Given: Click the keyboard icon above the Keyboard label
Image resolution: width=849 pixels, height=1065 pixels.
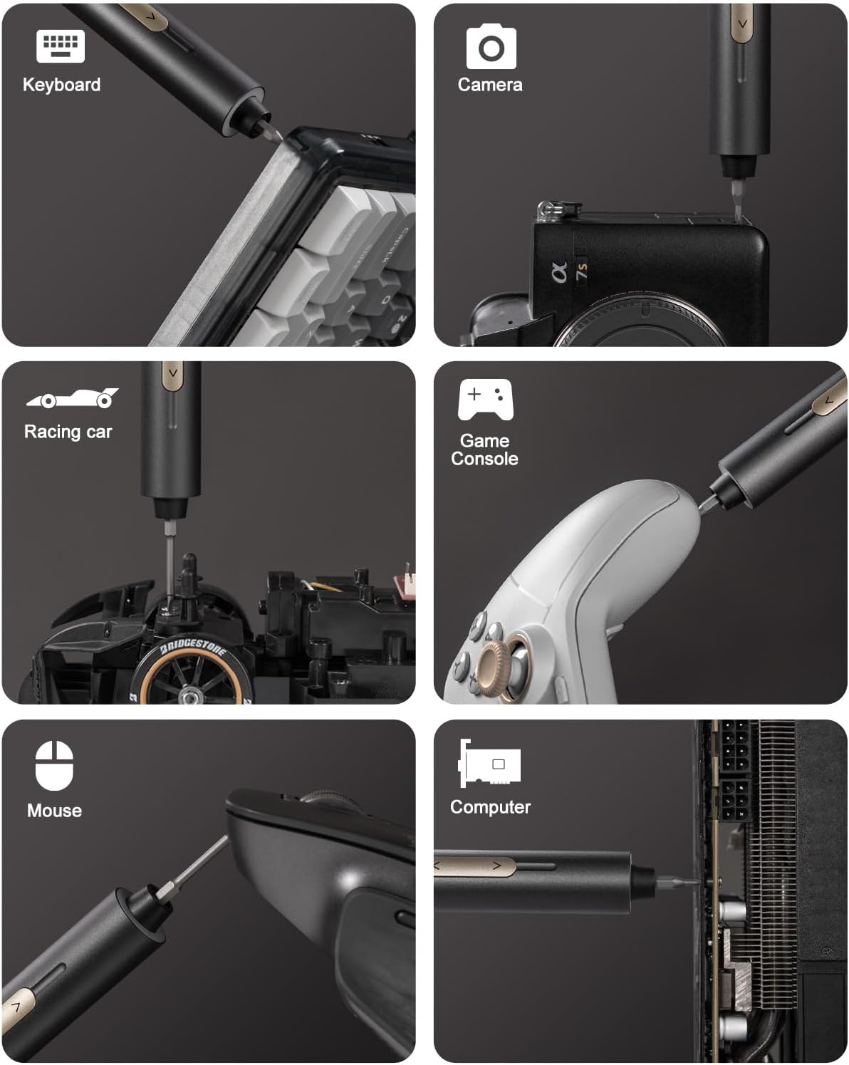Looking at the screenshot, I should point(61,46).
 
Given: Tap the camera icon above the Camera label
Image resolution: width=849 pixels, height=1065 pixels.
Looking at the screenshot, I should point(491,47).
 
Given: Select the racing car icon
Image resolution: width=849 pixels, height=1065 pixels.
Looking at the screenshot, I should point(72,398).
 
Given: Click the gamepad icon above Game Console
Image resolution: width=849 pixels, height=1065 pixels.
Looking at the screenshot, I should point(485,400).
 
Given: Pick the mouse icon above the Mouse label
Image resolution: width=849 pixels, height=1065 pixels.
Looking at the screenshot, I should point(54,766).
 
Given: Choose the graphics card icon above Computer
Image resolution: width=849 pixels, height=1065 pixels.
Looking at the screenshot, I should point(490,764).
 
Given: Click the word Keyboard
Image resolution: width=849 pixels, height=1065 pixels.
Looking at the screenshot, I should point(61,85).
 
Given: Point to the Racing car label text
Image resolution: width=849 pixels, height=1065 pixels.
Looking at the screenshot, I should point(68,432).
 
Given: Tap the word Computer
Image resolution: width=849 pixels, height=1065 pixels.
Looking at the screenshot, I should point(490,807).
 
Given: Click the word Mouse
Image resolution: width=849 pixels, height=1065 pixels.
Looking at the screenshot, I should point(54,811).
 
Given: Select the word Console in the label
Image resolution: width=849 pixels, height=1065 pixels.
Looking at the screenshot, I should point(484,459).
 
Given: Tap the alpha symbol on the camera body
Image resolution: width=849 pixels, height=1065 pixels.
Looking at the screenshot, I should point(560,271).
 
